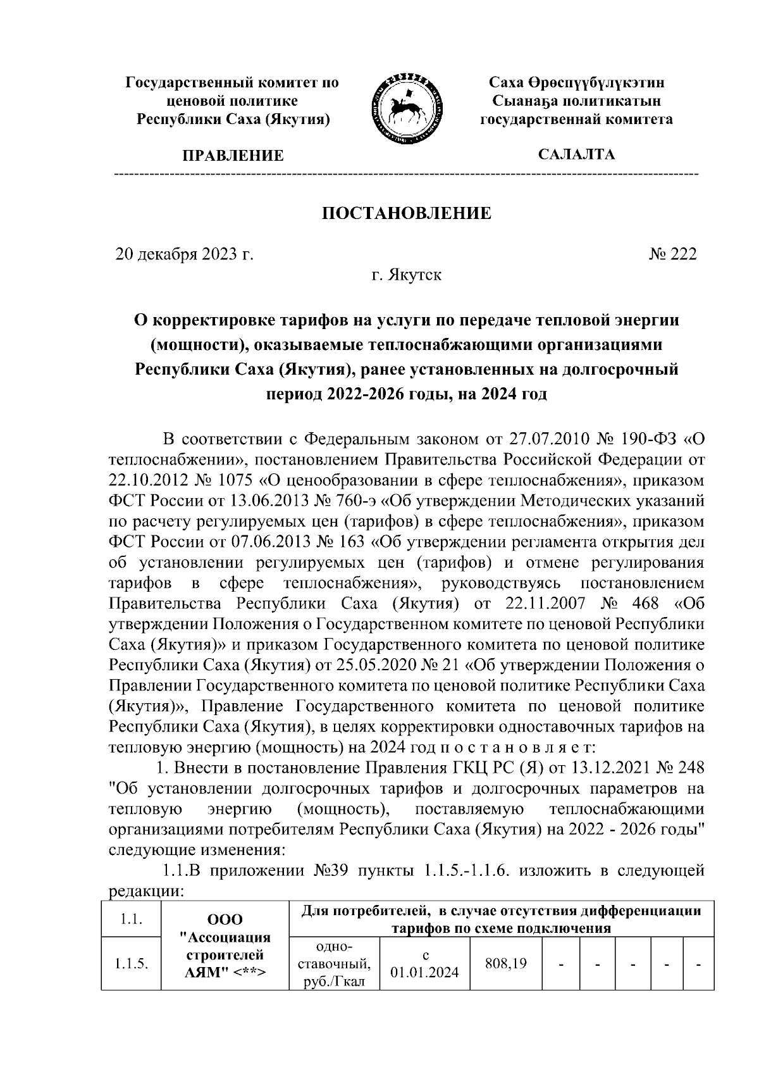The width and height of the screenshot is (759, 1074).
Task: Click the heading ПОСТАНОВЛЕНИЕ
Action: [x=407, y=213]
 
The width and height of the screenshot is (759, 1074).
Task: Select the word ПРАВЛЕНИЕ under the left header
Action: [x=233, y=156]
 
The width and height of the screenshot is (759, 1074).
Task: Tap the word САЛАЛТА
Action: [x=576, y=154]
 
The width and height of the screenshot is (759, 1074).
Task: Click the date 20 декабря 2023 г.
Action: [x=184, y=254]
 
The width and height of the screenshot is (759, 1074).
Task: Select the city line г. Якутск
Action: [x=407, y=275]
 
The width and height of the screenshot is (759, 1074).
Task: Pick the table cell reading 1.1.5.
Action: [x=131, y=964]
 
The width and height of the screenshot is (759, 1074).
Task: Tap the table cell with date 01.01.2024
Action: [x=424, y=964]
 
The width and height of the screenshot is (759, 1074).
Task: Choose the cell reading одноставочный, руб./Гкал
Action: [x=333, y=964]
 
